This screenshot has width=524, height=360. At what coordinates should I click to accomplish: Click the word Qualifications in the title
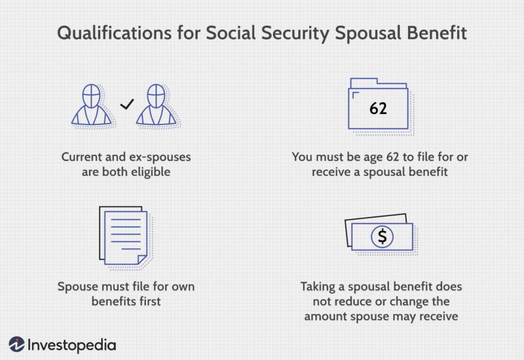[x=115, y=33]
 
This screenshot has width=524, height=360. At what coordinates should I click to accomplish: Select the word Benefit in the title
[x=437, y=33]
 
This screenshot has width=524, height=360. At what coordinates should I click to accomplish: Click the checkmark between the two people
[x=127, y=104]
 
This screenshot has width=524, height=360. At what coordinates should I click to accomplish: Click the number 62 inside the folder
[x=378, y=108]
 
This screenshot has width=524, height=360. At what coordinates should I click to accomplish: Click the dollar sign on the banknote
[x=382, y=237]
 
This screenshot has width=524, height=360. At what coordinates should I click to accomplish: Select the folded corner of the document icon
[x=143, y=260]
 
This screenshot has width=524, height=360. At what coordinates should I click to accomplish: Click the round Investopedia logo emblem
[x=16, y=344]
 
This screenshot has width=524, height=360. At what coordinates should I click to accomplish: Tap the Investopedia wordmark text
[x=72, y=345]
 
